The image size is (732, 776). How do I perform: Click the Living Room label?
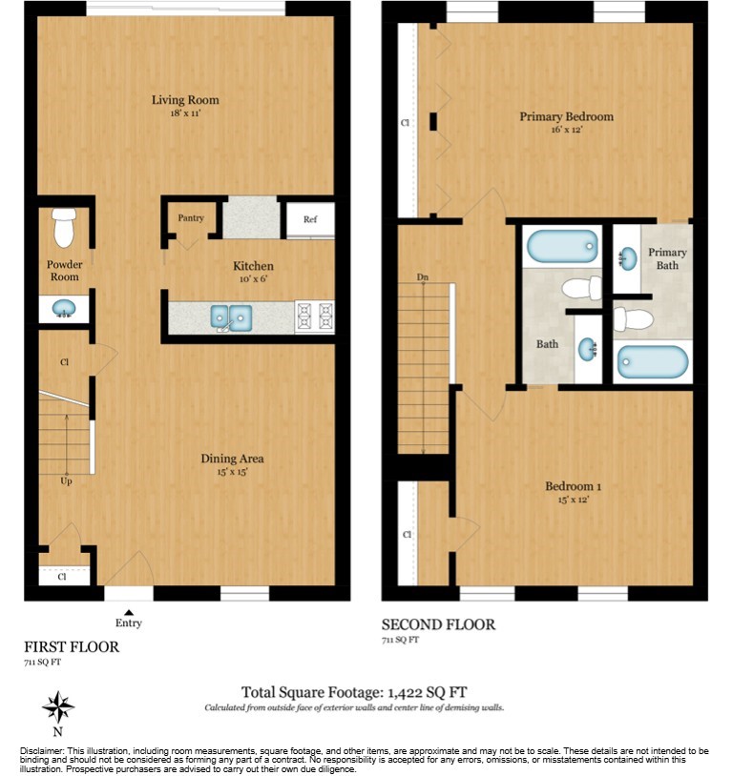click(x=185, y=100)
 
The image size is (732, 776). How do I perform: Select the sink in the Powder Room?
click(x=64, y=308)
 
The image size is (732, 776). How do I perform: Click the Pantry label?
click(x=191, y=218)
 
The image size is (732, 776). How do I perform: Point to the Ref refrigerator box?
click(x=310, y=220)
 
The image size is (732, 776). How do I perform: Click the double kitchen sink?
click(x=231, y=316)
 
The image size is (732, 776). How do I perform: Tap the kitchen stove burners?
click(x=315, y=316)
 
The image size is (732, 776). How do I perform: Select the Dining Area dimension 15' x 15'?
click(x=232, y=472)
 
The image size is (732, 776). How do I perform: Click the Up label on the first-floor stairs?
click(x=67, y=481)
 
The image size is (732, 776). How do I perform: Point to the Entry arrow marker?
click(x=129, y=611)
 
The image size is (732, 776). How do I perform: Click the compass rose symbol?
click(x=58, y=707)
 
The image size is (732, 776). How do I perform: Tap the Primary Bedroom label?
click(x=566, y=117)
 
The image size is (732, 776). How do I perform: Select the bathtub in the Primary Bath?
click(x=652, y=361)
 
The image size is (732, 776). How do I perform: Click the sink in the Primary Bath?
click(x=628, y=258)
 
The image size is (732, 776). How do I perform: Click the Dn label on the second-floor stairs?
click(x=423, y=278)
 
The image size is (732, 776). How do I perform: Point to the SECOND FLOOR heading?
click(x=438, y=624)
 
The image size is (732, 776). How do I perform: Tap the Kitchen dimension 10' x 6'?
click(x=253, y=279)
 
